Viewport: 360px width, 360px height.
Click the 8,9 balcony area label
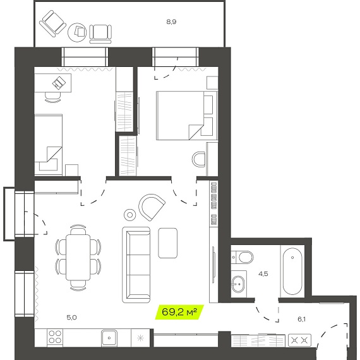tap(171, 22)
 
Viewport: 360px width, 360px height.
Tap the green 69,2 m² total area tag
tap(179, 312)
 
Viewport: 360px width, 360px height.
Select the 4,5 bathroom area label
tap(263, 274)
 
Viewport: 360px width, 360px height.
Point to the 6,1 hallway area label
tap(301, 319)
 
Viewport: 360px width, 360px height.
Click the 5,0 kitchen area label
tap(71, 318)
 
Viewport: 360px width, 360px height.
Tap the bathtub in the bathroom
tap(292, 271)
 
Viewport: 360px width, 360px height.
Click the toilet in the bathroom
tap(243, 257)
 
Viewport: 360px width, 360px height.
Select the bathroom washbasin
tap(238, 284)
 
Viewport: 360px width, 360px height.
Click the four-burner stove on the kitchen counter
tap(55, 337)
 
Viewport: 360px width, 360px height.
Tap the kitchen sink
tap(109, 337)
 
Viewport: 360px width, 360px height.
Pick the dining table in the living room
tap(78, 257)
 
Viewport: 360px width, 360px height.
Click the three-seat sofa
tap(136, 265)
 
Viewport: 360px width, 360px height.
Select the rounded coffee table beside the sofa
tap(167, 243)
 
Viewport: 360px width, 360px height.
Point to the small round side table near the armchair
tap(129, 215)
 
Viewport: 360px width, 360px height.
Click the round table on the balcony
tap(78, 32)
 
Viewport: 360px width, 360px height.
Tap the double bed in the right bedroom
tap(187, 116)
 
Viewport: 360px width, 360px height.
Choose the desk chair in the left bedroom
tap(53, 97)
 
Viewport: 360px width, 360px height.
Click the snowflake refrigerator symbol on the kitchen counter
tap(140, 338)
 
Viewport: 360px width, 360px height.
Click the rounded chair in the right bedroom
tap(198, 159)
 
